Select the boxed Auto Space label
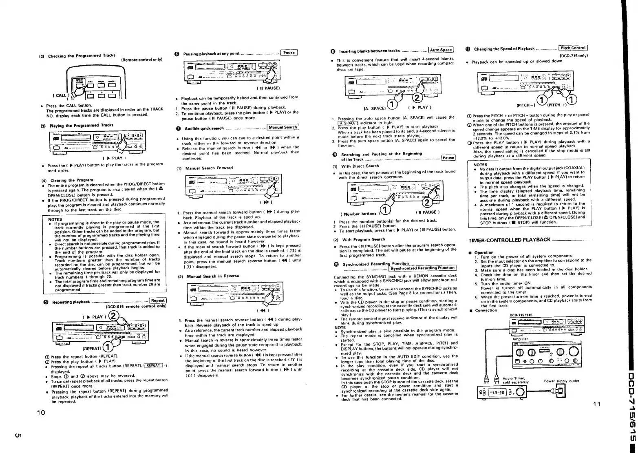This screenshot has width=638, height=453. (440, 50)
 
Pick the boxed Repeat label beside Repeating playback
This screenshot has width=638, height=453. (157, 301)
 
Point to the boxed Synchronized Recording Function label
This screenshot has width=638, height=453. (422, 268)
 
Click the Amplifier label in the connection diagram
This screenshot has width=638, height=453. (520, 339)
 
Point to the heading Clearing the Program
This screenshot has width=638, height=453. (68, 180)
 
